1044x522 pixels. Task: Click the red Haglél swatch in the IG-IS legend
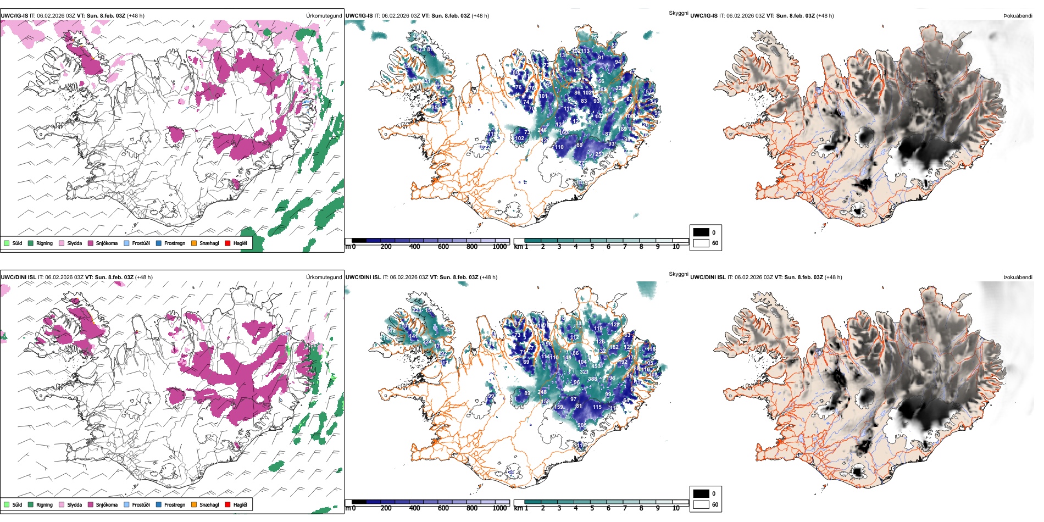pos(227,243)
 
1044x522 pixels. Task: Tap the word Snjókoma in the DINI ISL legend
pos(107,504)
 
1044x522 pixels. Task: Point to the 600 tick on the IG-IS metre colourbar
pos(443,247)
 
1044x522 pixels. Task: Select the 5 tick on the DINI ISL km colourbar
pos(592,508)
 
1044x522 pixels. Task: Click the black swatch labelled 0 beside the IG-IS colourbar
pos(701,232)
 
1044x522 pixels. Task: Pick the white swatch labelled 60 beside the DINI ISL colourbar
pos(701,504)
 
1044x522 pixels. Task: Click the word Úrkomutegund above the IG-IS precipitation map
pos(324,16)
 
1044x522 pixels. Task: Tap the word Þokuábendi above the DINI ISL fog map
pos(1018,277)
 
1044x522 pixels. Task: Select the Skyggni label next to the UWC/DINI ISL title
pos(678,274)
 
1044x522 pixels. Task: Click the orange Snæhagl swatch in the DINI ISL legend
pos(194,504)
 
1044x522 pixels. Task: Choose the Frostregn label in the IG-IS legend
pos(175,243)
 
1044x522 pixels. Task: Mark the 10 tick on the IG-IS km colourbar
pos(676,247)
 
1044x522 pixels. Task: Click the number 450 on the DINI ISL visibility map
pos(596,366)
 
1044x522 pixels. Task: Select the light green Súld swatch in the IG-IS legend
pos(7,243)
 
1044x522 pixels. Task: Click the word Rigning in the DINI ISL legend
pos(45,504)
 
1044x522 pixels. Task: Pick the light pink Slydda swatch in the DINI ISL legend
pos(62,504)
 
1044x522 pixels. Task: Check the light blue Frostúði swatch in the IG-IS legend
pos(126,243)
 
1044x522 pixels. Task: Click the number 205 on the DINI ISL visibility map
pos(582,425)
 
